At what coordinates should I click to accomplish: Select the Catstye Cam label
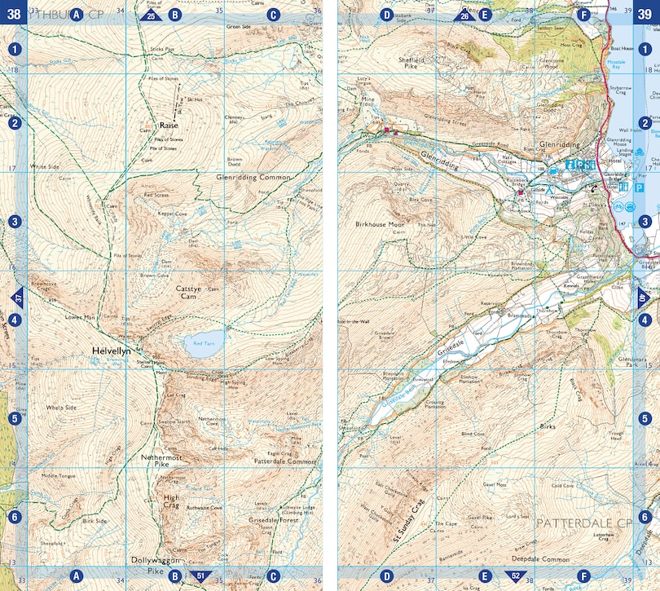pos(193,293)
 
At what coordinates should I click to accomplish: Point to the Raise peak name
pos(169,126)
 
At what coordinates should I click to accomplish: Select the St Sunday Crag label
pos(409,521)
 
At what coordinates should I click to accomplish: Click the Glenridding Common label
pos(253,177)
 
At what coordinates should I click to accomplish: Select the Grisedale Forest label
pos(271,519)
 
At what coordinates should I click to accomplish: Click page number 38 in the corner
pos(14,13)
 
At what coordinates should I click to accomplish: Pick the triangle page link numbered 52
pos(515,576)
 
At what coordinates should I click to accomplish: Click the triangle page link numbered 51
pos(200,576)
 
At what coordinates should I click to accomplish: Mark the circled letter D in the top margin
pos(387,14)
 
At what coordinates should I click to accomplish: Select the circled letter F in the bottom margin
pos(583,576)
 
